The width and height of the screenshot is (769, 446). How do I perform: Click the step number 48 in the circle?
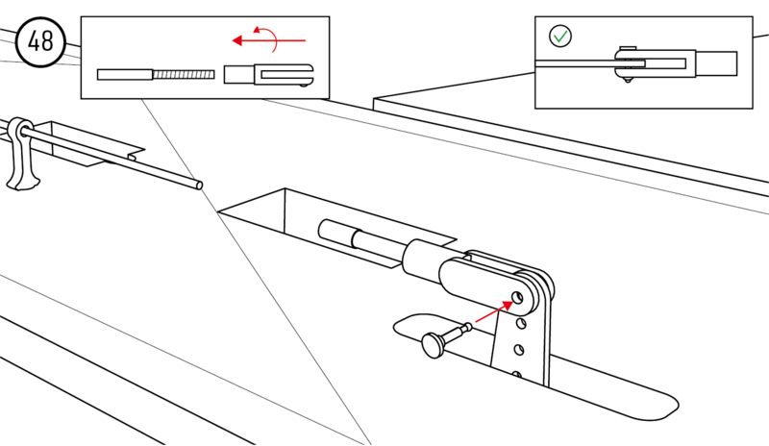[41, 42]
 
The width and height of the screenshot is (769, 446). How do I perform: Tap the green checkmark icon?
[559, 37]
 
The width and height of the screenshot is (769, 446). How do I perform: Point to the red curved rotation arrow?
[272, 38]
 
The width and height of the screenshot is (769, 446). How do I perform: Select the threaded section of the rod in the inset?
[183, 74]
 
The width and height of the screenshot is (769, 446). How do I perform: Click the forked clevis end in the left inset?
[285, 74]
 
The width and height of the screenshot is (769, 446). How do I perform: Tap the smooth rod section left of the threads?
[124, 74]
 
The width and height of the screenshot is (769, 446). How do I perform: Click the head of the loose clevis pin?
[434, 343]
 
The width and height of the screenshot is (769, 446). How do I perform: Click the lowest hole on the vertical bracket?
[518, 374]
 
